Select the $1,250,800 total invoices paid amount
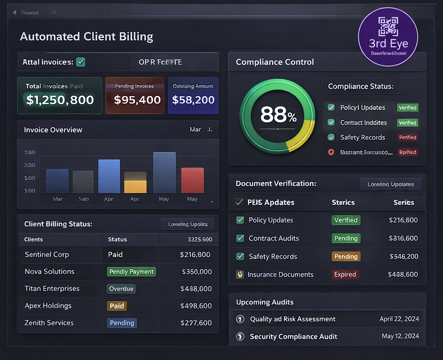pyautogui.click(x=60, y=100)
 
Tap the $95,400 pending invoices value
pyautogui.click(x=137, y=100)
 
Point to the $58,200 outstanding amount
pyautogui.click(x=193, y=100)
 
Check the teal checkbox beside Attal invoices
pyautogui.click(x=80, y=62)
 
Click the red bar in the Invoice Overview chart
pyautogui.click(x=193, y=180)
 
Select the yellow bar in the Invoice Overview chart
pyautogui.click(x=135, y=186)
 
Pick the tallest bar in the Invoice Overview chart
pyautogui.click(x=164, y=172)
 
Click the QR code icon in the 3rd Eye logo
pyautogui.click(x=388, y=27)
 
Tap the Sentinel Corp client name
pyautogui.click(x=47, y=254)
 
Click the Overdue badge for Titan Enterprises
pyautogui.click(x=122, y=289)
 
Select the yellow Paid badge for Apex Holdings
pyautogui.click(x=117, y=306)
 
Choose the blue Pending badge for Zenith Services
pyautogui.click(x=122, y=323)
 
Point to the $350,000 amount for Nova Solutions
pyautogui.click(x=197, y=272)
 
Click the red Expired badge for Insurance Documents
pyautogui.click(x=345, y=274)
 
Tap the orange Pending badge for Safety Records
pyautogui.click(x=346, y=256)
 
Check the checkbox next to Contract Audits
pyautogui.click(x=240, y=238)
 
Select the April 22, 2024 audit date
pyautogui.click(x=399, y=319)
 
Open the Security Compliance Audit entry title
pyautogui.click(x=293, y=336)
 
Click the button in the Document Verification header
pyautogui.click(x=390, y=184)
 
